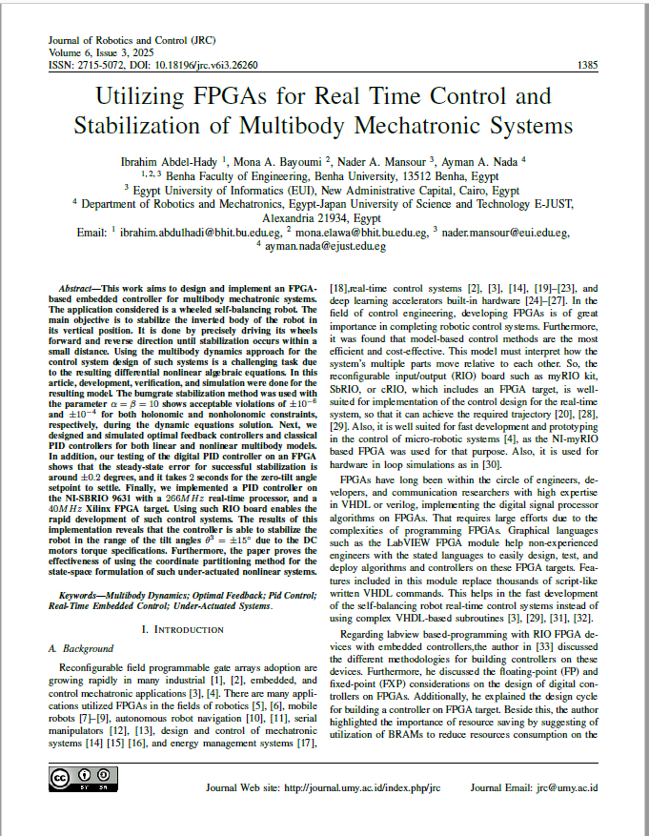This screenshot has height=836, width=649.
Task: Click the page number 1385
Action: point(587,66)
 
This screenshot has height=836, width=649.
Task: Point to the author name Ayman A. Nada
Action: point(486,162)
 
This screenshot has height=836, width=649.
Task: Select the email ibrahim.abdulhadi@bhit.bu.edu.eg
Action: point(201,232)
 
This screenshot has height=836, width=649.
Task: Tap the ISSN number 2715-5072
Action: point(95,66)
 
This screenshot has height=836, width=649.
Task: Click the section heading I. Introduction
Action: point(184,629)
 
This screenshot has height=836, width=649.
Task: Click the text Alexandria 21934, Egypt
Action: point(324,217)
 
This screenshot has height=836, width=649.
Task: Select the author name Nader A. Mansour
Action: point(386,162)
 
